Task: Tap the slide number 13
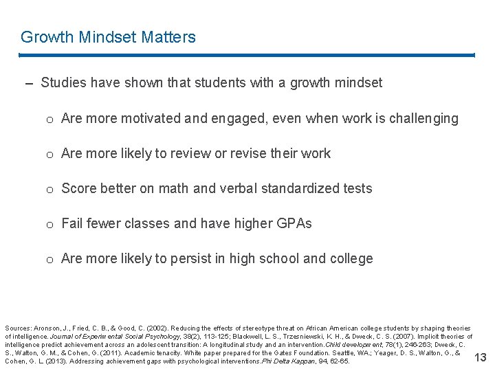point(480,357)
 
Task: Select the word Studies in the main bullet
point(64,83)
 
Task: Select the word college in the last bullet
point(351,258)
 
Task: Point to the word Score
point(79,188)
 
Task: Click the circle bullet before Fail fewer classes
point(50,224)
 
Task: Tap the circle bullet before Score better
point(50,189)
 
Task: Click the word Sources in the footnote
point(17,328)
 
